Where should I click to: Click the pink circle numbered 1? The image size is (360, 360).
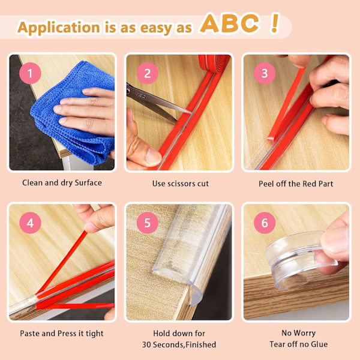30,73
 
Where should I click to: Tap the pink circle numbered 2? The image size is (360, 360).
148,73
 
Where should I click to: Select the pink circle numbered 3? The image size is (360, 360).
265,73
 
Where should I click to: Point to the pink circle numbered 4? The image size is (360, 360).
30,223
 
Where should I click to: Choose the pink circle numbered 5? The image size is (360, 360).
148,223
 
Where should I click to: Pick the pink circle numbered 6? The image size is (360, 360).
265,223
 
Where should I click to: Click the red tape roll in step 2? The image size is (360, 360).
215,64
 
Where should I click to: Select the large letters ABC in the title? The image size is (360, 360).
229,23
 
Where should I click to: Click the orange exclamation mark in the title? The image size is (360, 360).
274,23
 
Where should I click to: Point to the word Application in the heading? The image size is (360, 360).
59,28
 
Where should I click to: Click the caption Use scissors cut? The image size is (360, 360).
181,184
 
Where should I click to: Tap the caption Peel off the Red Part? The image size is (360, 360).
296,184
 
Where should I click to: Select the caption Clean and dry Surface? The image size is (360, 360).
62,183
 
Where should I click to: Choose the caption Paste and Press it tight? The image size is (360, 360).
62,334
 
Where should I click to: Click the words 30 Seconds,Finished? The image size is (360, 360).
179,344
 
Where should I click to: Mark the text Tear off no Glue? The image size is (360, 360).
298,344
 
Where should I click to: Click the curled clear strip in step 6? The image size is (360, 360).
298,259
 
